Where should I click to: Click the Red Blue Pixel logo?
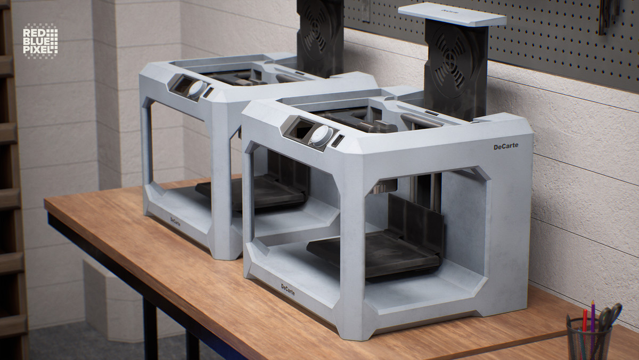pos(40,42)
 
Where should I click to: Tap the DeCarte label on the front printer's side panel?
pos(506,146)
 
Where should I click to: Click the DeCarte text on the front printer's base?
pos(288,290)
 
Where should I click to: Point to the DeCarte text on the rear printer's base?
pos(175,221)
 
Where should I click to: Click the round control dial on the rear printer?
pos(198,89)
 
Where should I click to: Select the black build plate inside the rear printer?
pos(251,192)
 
